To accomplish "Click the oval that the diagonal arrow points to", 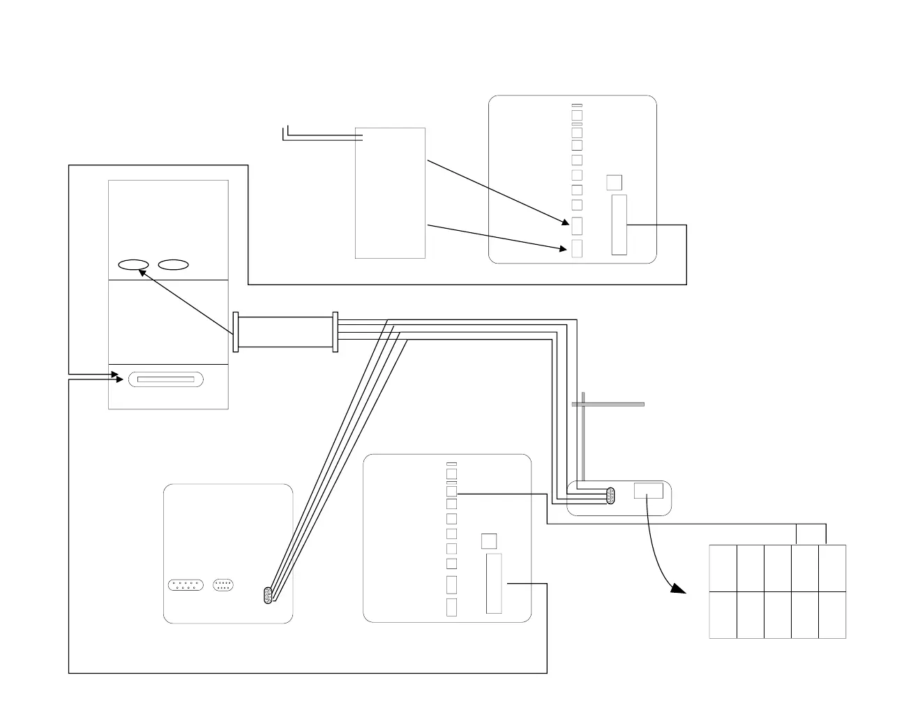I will (x=133, y=264).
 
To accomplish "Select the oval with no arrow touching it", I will (x=174, y=264).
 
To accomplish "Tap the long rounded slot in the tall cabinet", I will (x=166, y=379).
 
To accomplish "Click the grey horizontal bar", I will (x=608, y=404).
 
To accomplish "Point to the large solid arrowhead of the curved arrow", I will (x=678, y=589).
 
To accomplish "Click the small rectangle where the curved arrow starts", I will (x=648, y=490).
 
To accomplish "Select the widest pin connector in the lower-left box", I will (x=186, y=584).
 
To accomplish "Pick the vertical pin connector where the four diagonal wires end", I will (x=268, y=595).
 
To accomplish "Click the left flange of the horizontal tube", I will (x=236, y=332).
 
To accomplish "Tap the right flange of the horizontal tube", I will (x=336, y=332).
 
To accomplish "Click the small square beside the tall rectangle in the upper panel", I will (x=614, y=182).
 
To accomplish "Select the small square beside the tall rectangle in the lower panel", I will (x=489, y=541).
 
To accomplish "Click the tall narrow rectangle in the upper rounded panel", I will (x=619, y=225).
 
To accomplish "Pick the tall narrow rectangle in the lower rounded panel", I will (x=494, y=583).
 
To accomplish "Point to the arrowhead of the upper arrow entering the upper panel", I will (x=566, y=223).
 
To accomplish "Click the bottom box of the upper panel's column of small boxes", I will (x=577, y=248).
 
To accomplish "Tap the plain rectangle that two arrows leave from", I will (x=390, y=193).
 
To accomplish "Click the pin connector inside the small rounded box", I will (x=611, y=496).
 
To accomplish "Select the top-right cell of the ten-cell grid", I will (x=832, y=568).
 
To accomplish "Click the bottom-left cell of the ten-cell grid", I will (x=723, y=615).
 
